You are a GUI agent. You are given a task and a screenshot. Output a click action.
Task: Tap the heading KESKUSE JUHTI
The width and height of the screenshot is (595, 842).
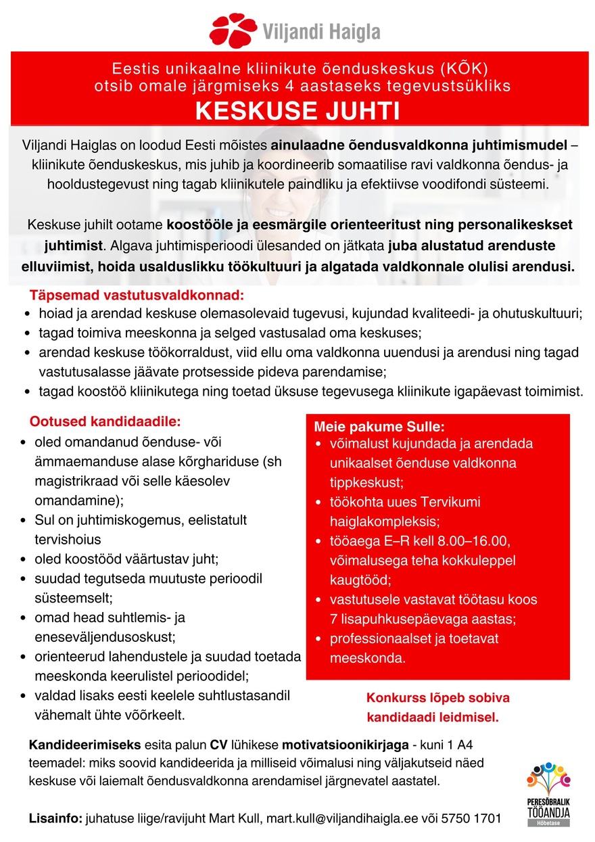[x=297, y=111]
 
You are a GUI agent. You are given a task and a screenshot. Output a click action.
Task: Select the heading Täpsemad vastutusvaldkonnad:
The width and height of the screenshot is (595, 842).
[x=136, y=296]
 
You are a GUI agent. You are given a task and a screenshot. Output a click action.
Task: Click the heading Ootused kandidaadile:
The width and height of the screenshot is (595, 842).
[x=105, y=422]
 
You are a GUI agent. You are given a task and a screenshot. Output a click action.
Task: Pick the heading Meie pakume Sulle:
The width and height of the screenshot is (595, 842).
[x=379, y=427]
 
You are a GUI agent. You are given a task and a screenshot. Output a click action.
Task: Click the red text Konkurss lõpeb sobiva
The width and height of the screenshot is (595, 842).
[x=437, y=698]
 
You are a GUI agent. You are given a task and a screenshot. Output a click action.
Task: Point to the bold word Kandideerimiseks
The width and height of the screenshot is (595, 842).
[x=84, y=746]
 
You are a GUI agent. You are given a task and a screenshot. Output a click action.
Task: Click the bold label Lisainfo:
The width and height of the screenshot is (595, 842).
[x=55, y=818]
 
